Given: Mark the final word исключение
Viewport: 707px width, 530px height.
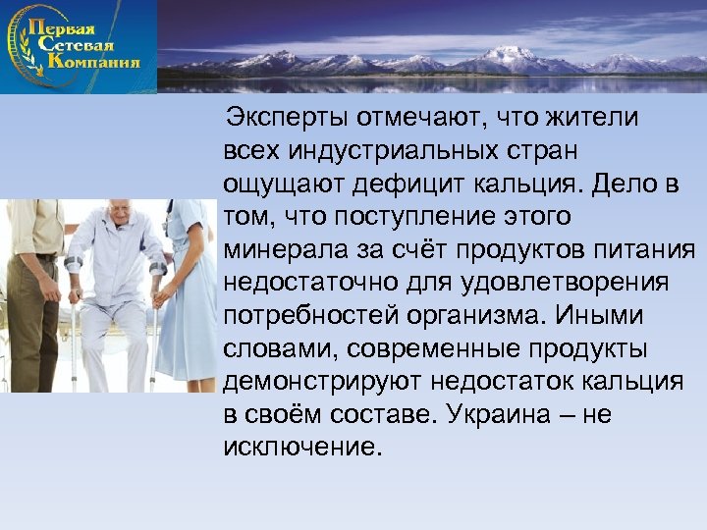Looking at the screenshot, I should pos(300,448).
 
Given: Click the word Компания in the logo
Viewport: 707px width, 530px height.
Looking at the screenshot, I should pos(94,62).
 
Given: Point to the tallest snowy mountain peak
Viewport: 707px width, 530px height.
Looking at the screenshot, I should pos(511,55).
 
